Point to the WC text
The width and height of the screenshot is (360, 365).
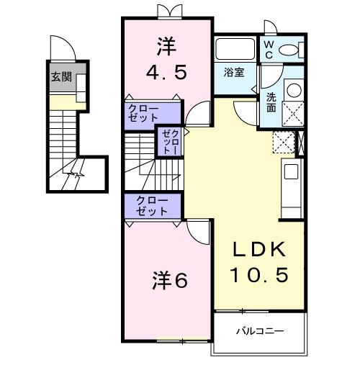267,49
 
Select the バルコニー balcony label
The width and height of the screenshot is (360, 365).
259,331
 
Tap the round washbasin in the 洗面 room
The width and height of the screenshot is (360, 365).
294,91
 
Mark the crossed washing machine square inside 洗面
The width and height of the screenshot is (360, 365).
293,113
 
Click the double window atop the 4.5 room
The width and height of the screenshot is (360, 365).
166,11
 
